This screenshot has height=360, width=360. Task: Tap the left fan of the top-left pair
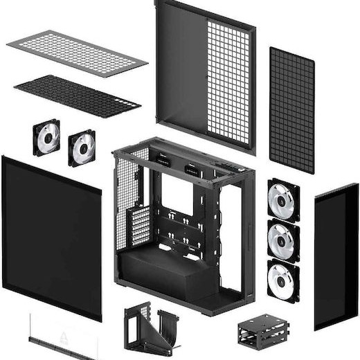pyautogui.click(x=46, y=137)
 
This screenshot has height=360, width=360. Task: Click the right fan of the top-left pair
pyautogui.click(x=82, y=147)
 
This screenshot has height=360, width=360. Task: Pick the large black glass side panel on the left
pyautogui.click(x=51, y=235)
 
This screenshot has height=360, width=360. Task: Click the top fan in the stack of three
pyautogui.click(x=283, y=199)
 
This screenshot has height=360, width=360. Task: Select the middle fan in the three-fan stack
pyautogui.click(x=283, y=239)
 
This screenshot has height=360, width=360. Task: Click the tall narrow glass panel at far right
pyautogui.click(x=336, y=256)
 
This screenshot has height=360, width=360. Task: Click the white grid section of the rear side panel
pyautogui.click(x=229, y=80)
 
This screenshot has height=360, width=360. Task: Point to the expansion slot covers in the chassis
pyautogui.click(x=139, y=225)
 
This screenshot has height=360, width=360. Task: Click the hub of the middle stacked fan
pyautogui.click(x=283, y=240)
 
